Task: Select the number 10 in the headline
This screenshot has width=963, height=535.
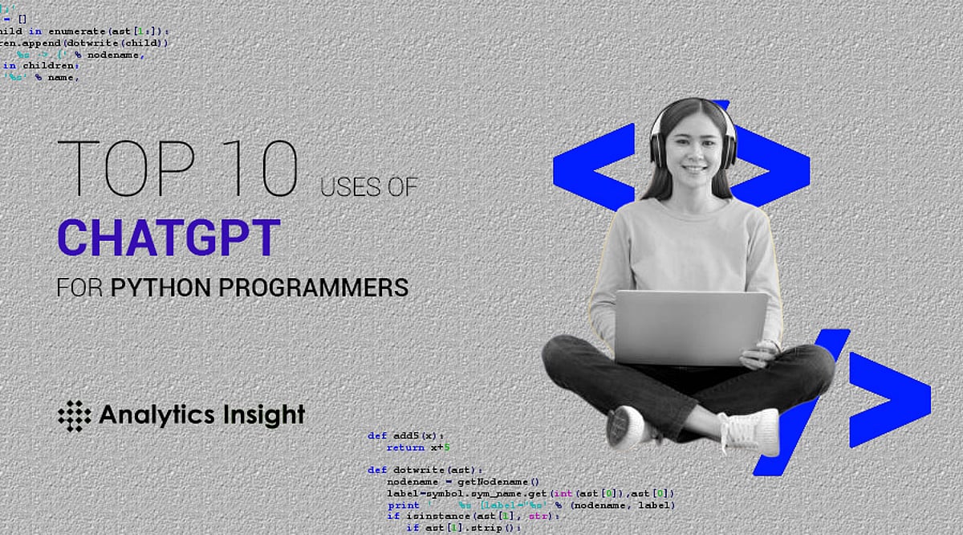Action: pos(262,169)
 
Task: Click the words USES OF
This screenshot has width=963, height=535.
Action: pos(369,187)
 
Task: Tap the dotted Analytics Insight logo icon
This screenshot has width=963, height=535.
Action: pos(75,415)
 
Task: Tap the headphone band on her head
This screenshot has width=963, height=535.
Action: pos(692,104)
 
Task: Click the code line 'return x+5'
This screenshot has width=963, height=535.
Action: pos(418,447)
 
